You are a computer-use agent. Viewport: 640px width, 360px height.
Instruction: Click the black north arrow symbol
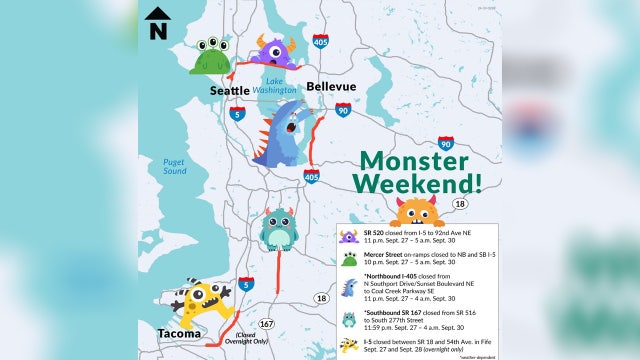158,22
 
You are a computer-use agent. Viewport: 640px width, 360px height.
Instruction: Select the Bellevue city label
331,87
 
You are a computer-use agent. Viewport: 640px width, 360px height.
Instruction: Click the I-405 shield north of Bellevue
320,42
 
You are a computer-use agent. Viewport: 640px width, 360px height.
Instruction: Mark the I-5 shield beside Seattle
234,115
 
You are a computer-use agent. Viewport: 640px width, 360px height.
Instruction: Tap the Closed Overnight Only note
237,340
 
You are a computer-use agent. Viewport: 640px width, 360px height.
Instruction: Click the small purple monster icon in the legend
349,237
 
